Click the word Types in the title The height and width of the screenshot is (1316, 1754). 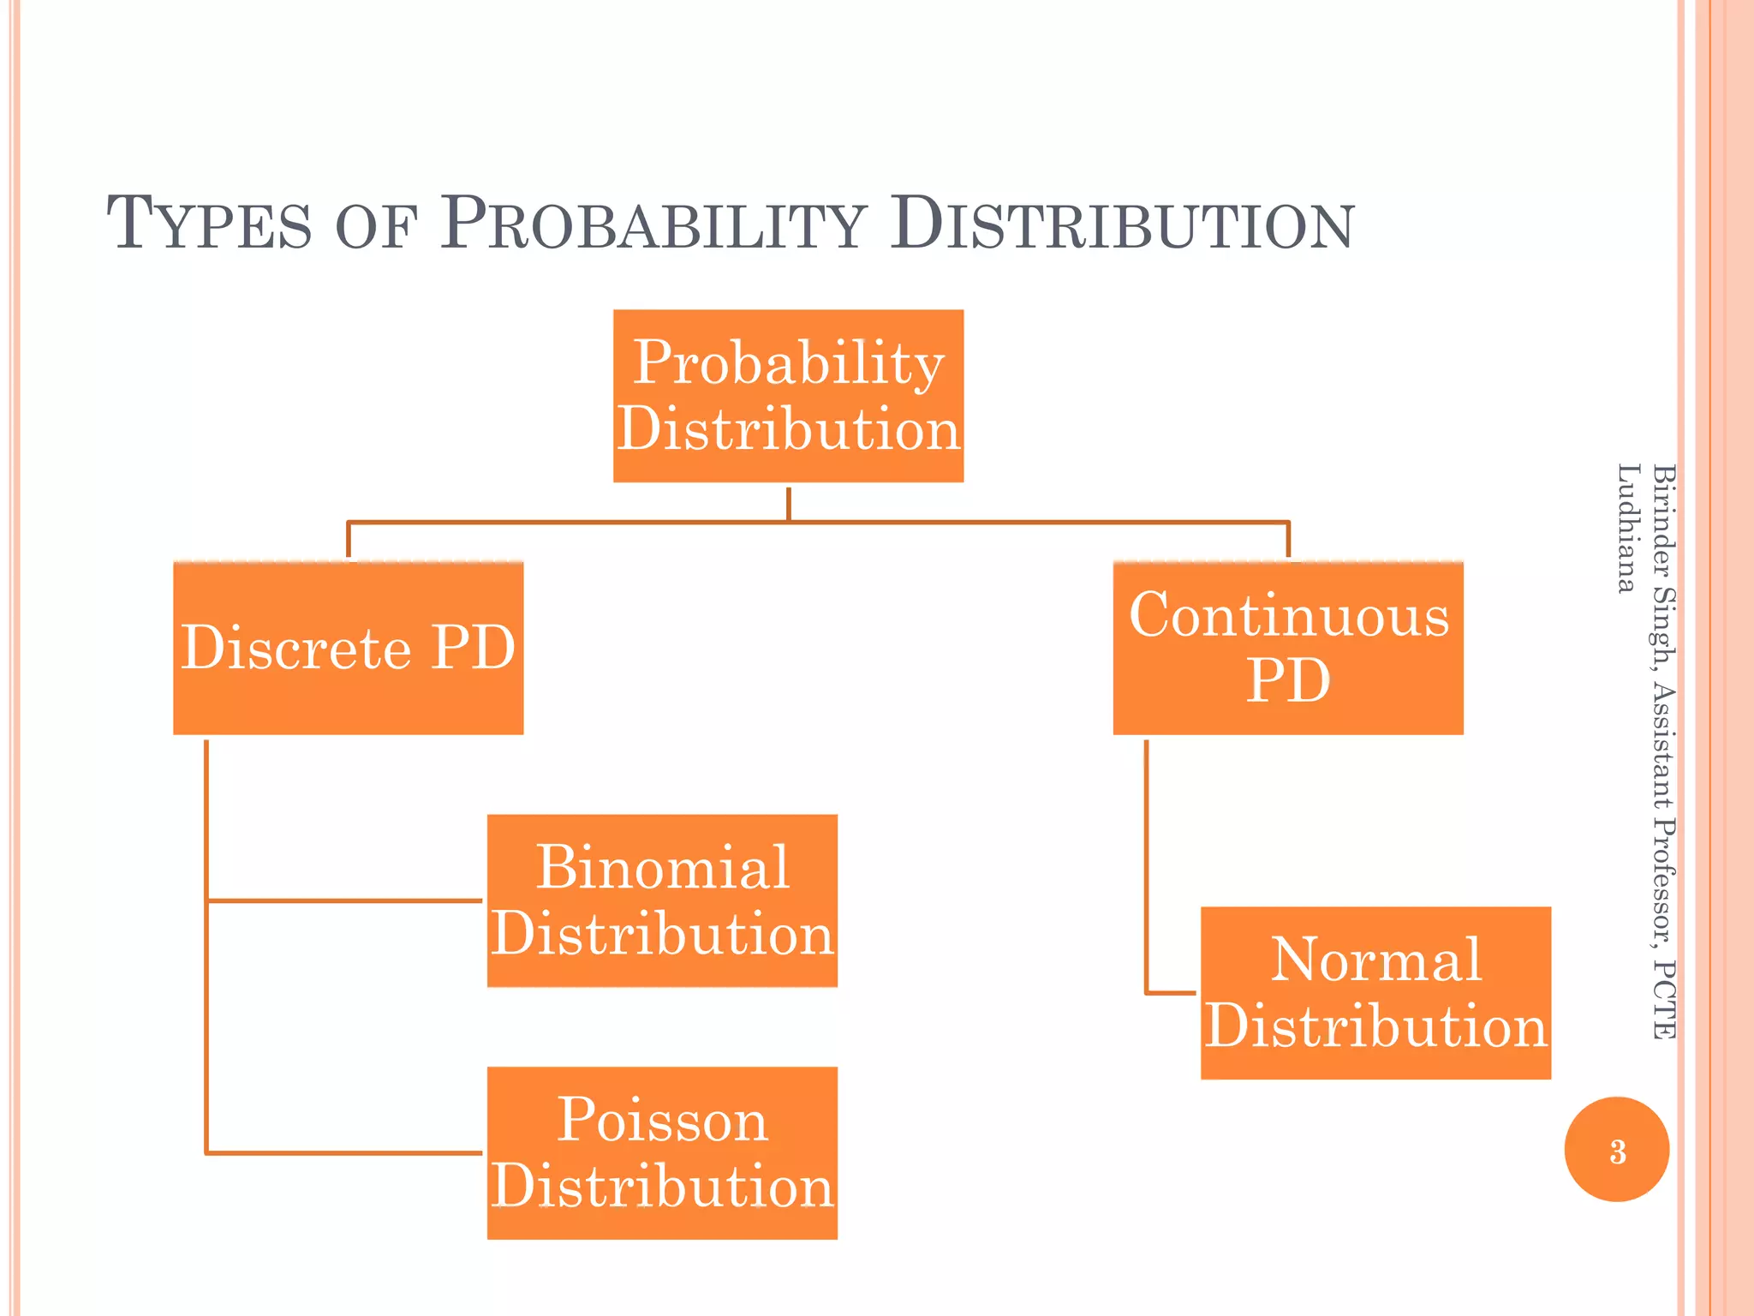[x=209, y=224]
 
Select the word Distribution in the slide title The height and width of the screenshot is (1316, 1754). [x=1122, y=224]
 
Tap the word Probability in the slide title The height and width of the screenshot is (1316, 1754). [x=653, y=224]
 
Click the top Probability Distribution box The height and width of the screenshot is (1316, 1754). [x=788, y=396]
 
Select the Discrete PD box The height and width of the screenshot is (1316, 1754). [x=348, y=648]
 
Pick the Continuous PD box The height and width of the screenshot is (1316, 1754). [x=1288, y=648]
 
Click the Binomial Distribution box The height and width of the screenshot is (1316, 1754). [x=662, y=900]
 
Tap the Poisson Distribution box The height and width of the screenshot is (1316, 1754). [x=662, y=1152]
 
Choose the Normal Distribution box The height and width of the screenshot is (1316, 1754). [x=1375, y=993]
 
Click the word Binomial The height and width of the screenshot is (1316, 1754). [x=662, y=868]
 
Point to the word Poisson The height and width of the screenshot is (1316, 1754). [x=662, y=1120]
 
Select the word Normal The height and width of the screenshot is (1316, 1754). [x=1375, y=960]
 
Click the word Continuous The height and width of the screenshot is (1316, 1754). [x=1288, y=615]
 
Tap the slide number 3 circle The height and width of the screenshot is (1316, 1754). [x=1617, y=1150]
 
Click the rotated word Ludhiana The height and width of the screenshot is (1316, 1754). [x=1626, y=528]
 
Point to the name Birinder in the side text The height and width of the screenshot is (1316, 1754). [x=1663, y=519]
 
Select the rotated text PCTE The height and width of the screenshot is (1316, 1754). [x=1663, y=999]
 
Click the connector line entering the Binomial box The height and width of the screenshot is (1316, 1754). [x=343, y=900]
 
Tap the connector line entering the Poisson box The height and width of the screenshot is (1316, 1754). [x=343, y=1153]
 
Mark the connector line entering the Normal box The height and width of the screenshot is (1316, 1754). [x=1170, y=993]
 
